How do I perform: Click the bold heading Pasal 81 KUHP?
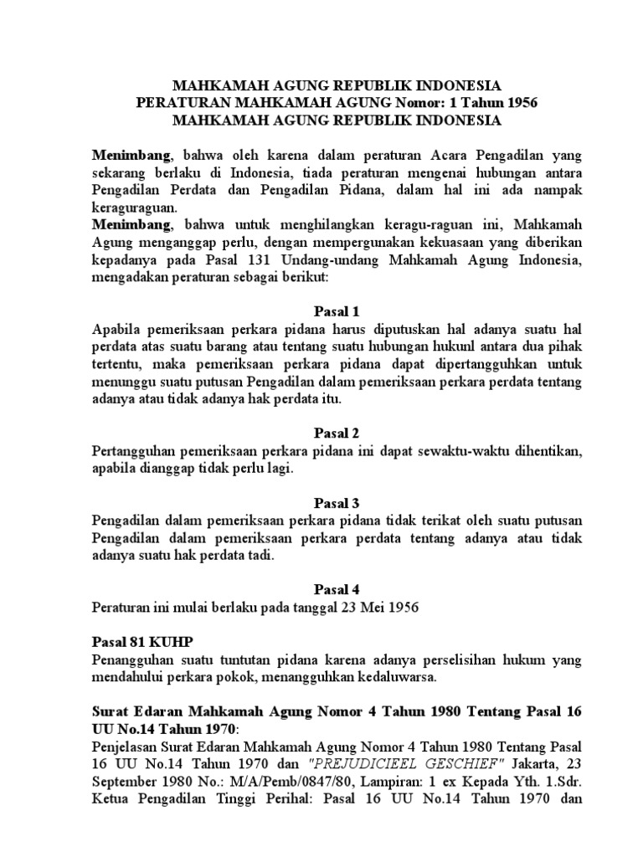141,642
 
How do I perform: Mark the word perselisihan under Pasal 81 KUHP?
401,659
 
